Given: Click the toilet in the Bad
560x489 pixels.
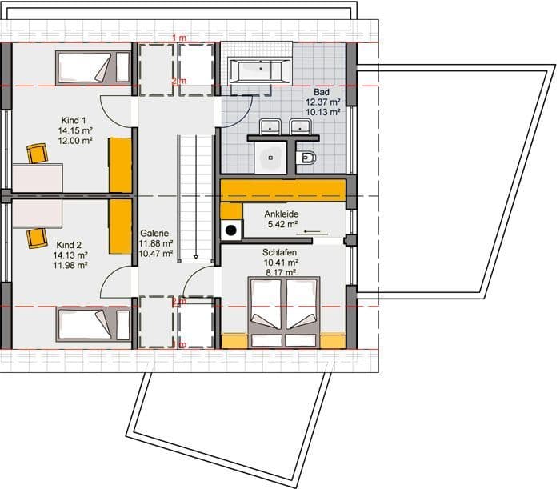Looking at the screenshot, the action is [x=306, y=158].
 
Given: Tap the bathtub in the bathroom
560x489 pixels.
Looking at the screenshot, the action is [x=260, y=70].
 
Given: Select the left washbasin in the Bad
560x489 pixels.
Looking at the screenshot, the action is [x=270, y=126].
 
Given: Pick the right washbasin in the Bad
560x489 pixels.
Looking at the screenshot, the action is [x=301, y=126].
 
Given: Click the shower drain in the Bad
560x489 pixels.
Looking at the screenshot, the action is [x=270, y=158].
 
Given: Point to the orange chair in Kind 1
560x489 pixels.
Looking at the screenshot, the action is [x=37, y=154].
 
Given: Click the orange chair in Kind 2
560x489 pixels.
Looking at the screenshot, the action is [x=37, y=238].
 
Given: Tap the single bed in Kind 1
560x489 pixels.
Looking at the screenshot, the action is [x=93, y=68].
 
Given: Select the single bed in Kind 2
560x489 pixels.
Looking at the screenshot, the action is [x=94, y=325].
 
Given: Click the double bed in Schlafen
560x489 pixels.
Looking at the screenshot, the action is [x=284, y=312].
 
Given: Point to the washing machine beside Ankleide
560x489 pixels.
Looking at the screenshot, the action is [x=231, y=230].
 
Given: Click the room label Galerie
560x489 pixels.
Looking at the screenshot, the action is [x=154, y=233].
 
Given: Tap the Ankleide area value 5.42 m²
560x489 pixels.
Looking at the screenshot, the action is [x=283, y=224].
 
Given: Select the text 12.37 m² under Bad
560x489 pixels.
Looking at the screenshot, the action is [x=322, y=102].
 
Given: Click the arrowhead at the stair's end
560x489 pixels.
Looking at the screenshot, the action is [x=196, y=256].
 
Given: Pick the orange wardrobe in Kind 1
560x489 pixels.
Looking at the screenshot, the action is [x=120, y=165].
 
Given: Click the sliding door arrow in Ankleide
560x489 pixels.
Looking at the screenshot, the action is [x=312, y=233].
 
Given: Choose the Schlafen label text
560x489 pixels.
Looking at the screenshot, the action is [x=280, y=252].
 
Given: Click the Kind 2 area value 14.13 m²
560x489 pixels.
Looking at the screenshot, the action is [x=70, y=255].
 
